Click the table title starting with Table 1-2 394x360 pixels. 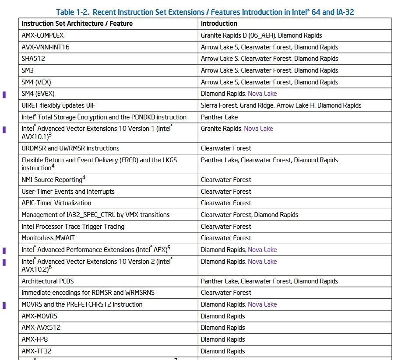(205, 12)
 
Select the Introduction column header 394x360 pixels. (219, 24)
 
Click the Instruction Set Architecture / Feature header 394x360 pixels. (77, 24)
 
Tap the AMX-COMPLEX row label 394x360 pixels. (42, 35)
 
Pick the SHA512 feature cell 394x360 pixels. (33, 59)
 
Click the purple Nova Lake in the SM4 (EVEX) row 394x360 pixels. (262, 94)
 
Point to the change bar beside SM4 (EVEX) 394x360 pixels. (4, 94)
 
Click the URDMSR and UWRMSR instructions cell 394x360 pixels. (70, 148)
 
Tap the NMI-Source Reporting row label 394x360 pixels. (52, 180)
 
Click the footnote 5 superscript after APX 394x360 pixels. (169, 248)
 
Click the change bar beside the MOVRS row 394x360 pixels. (4, 305)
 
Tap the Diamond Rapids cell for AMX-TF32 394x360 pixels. (223, 351)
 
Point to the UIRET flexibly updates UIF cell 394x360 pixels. (58, 105)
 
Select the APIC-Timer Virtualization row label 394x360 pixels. (56, 203)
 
